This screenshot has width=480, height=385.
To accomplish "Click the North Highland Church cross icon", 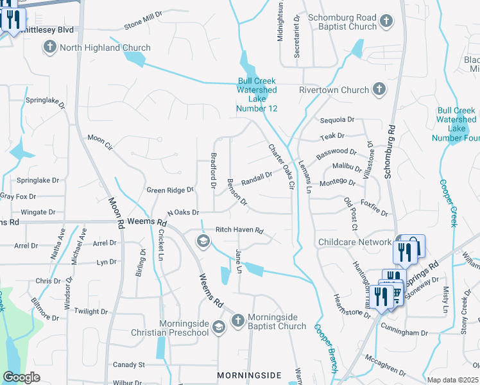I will point(50,47).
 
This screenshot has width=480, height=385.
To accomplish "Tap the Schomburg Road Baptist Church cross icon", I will point(386,22).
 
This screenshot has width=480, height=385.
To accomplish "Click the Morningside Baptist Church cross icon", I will point(237,320).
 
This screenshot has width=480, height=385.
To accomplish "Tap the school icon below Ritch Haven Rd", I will point(203,241).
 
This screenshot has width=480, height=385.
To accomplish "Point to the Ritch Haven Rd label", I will point(239,230).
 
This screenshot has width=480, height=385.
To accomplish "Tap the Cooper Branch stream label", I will point(325,346).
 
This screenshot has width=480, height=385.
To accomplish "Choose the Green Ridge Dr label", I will point(170,190).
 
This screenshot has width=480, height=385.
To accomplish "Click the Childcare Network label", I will point(355,242).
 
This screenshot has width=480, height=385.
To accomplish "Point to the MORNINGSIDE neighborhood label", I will point(249,374).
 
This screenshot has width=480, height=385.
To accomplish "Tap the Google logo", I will point(21,377).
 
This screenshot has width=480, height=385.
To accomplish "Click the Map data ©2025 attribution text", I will point(452,380).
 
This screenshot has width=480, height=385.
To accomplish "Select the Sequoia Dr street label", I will point(337,119).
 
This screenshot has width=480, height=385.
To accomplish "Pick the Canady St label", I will point(129,364).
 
